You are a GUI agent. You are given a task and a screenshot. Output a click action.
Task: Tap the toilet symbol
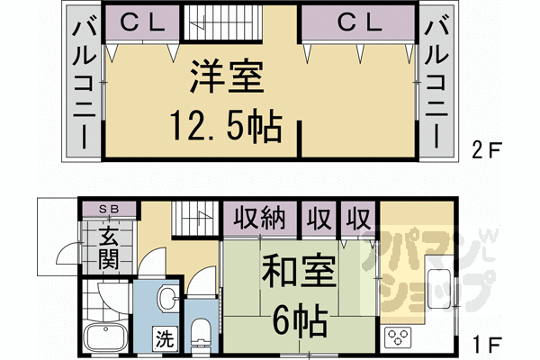pyautogui.click(x=202, y=333)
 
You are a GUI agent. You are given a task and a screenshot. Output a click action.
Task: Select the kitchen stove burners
pyautogui.click(x=398, y=338)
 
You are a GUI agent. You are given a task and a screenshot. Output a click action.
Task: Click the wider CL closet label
pyautogui.click(x=358, y=23)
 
